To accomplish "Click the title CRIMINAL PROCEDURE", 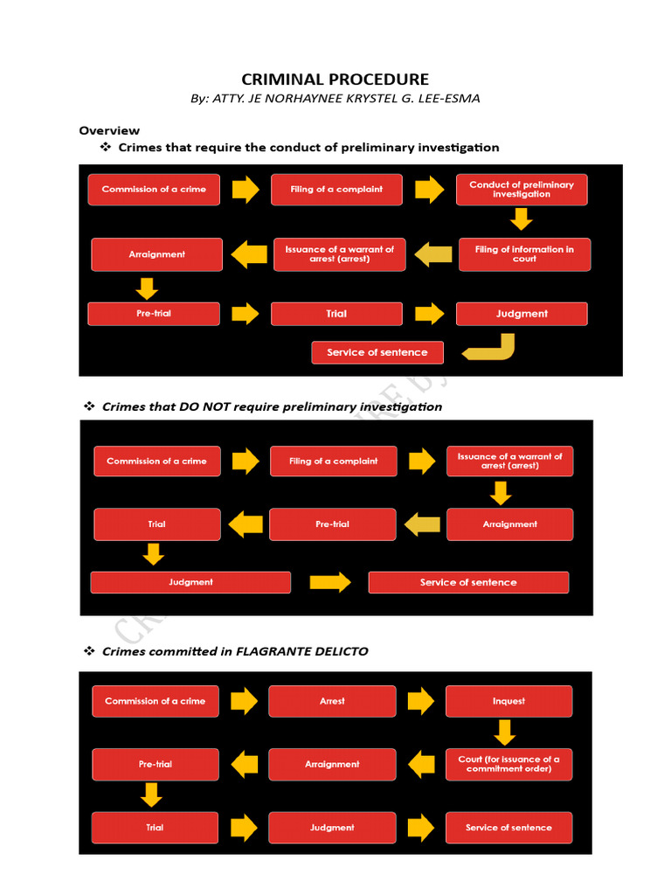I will [335, 80].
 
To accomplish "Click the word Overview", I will [109, 130].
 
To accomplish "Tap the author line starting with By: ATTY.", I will [335, 99].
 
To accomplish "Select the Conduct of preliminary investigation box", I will [522, 190].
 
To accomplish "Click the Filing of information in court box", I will [524, 254].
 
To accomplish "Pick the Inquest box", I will [508, 701].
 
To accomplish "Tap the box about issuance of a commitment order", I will [508, 764].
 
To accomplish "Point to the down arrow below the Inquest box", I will [504, 732].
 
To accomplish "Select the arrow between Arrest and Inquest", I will [420, 701].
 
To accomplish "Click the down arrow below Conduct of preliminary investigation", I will [522, 219].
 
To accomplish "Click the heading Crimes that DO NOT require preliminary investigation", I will [272, 406].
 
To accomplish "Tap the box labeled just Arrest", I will [332, 701].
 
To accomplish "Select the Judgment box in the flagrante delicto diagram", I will [332, 828].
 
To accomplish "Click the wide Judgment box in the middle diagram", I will [190, 582].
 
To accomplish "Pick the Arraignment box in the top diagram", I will [157, 254].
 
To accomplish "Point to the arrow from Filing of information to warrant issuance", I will [433, 254].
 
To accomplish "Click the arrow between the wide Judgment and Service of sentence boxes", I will [329, 582].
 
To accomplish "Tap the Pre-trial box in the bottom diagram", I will [156, 764].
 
